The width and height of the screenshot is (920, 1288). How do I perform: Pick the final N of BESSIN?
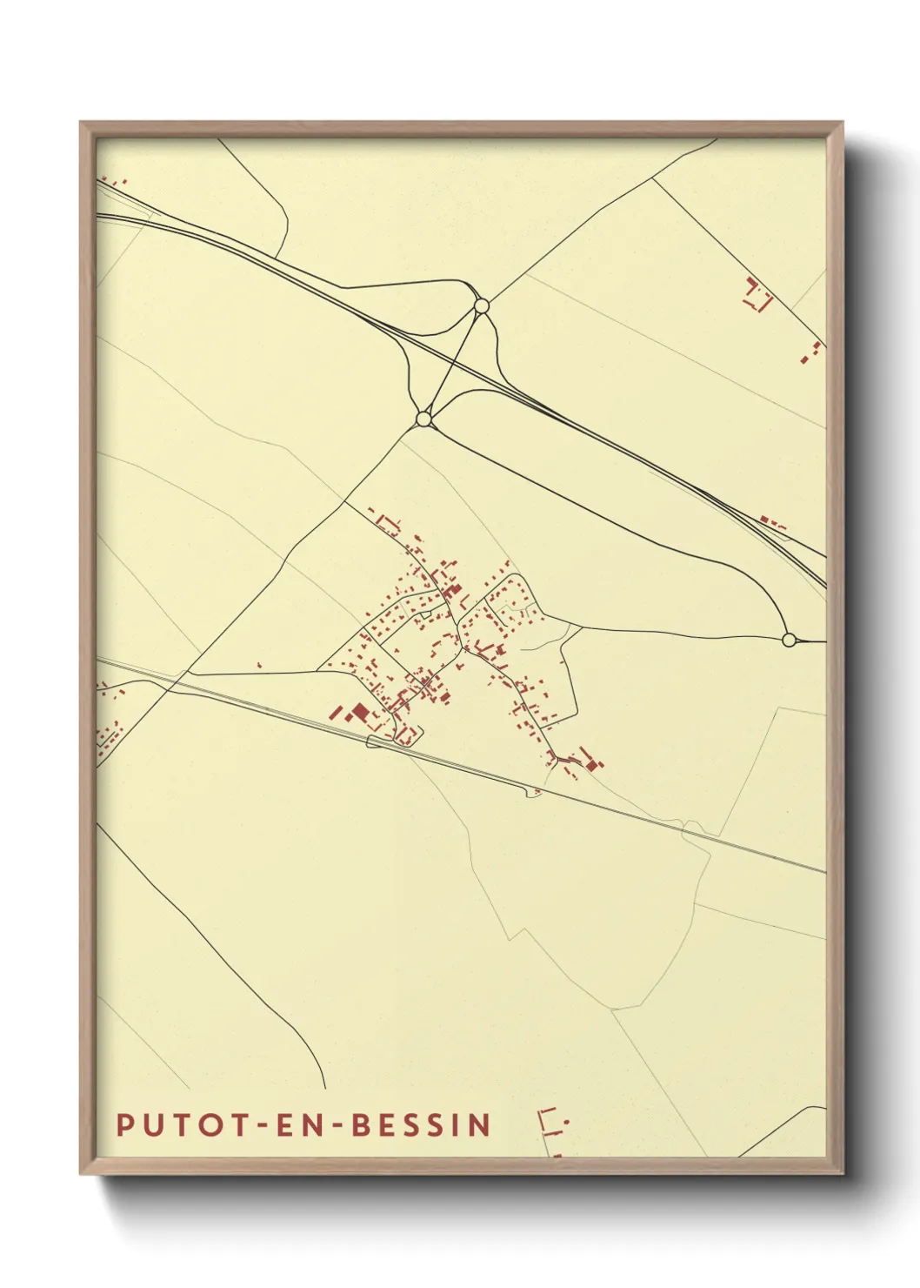[480, 1125]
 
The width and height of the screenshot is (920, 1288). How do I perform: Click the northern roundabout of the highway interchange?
[481, 305]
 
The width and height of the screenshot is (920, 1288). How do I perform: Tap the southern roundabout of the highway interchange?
[424, 419]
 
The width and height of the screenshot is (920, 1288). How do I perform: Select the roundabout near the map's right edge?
[789, 641]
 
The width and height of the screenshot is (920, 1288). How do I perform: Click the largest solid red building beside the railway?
[360, 713]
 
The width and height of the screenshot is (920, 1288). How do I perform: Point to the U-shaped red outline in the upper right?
[757, 296]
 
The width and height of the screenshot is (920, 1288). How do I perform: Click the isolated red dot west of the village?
[258, 666]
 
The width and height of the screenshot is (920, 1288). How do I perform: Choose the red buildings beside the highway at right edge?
[772, 523]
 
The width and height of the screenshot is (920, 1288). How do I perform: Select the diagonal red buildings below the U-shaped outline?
[812, 352]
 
